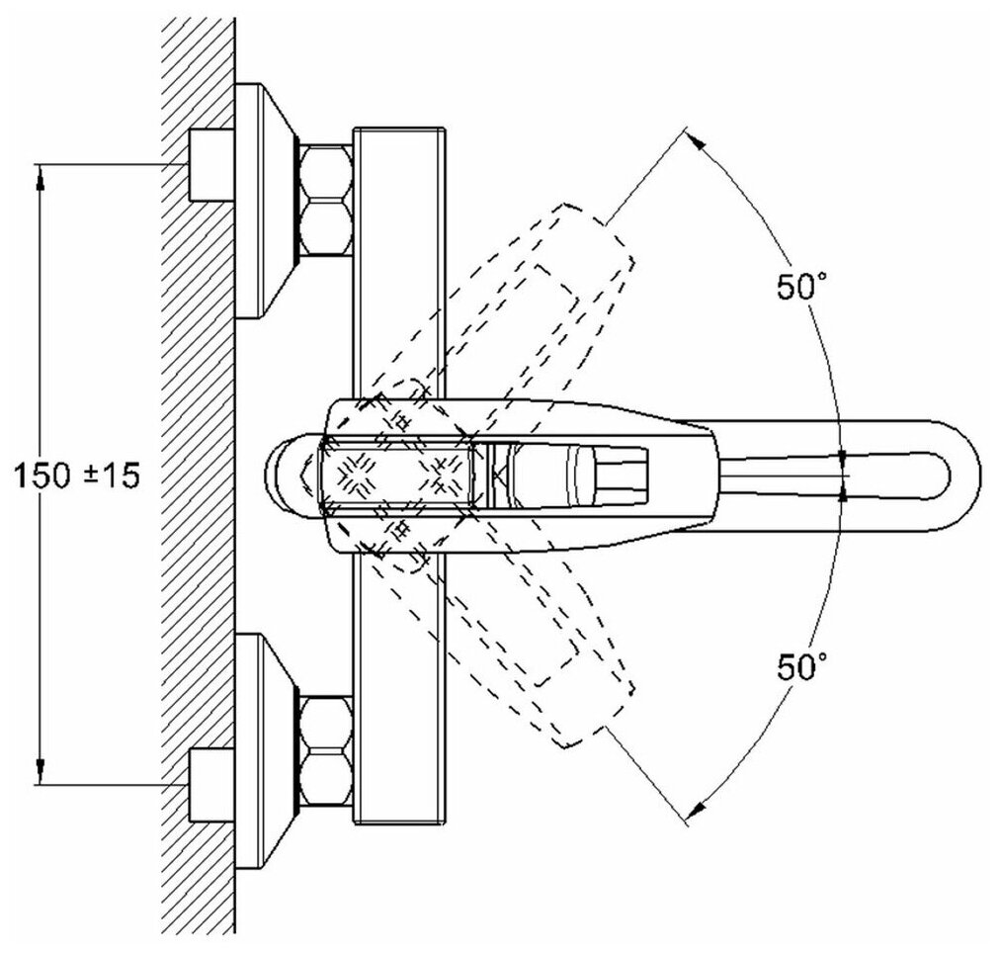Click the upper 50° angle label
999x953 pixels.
click(800, 289)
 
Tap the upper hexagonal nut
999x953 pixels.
click(326, 201)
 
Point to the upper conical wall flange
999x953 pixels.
click(265, 201)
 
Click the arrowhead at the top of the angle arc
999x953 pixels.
click(699, 141)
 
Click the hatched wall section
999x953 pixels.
click(198, 475)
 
